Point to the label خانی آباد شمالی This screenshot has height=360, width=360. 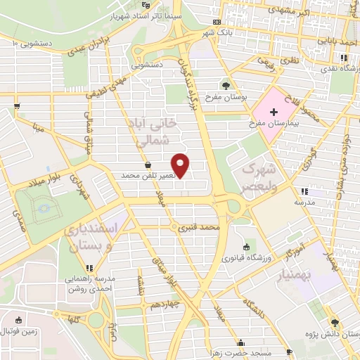153,131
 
